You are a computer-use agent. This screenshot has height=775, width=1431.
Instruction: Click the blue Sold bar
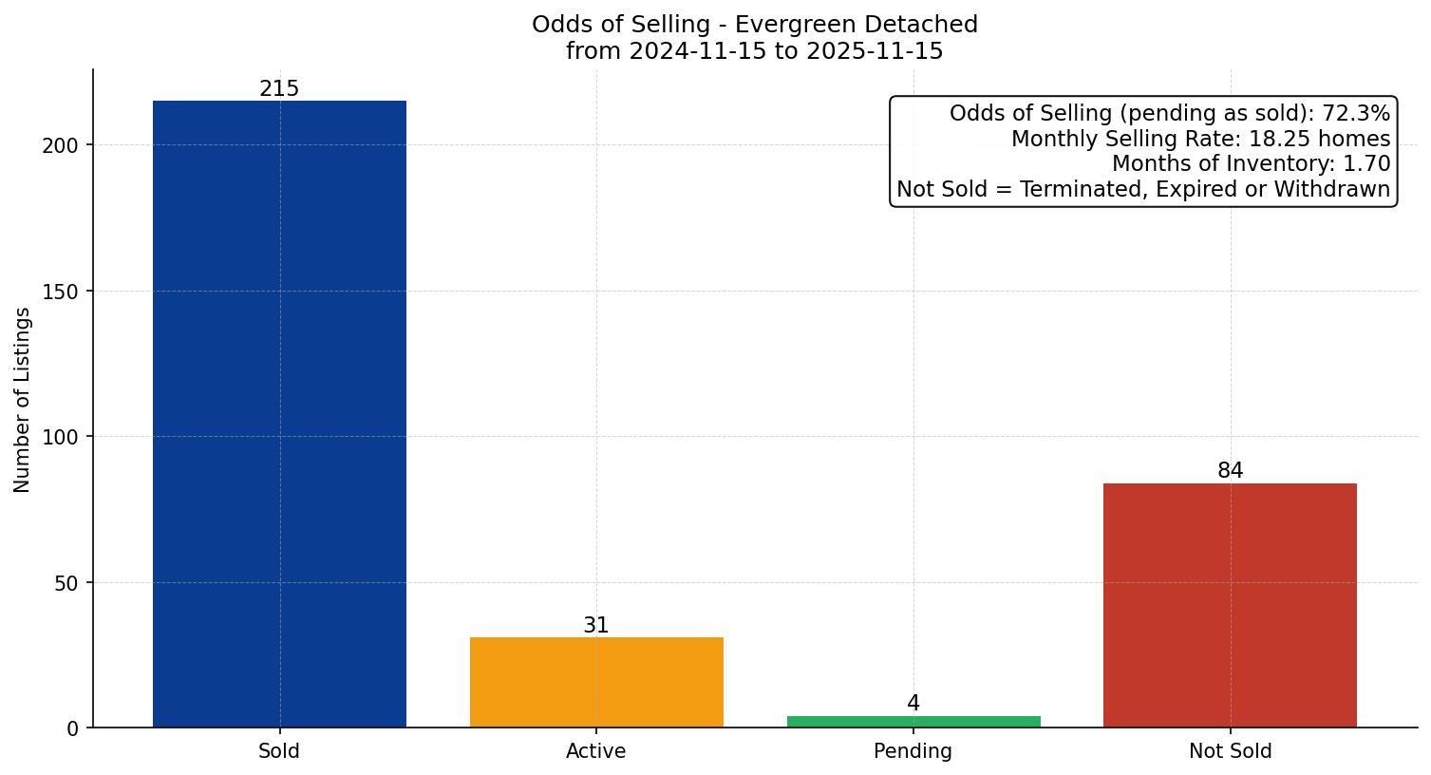[x=279, y=414]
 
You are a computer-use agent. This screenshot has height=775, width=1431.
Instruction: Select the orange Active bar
[x=596, y=682]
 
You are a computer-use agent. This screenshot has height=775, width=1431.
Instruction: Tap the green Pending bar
[x=913, y=722]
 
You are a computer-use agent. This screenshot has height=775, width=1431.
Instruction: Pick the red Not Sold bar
[x=1230, y=605]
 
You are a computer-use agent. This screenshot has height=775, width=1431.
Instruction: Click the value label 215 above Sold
[x=279, y=89]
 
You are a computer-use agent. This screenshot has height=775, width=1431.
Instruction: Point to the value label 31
[x=596, y=626]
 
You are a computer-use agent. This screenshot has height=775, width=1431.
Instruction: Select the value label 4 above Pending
[x=913, y=704]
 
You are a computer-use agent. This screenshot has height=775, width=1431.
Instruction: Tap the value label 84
[x=1230, y=471]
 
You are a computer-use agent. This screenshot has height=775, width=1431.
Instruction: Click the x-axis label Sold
[x=279, y=751]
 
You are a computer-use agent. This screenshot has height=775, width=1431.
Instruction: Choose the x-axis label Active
[x=596, y=751]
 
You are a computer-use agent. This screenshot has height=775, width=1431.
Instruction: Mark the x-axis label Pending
[x=913, y=751]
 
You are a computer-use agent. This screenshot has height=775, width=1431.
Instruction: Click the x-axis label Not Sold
[x=1230, y=751]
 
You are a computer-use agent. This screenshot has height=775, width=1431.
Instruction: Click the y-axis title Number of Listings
[x=23, y=400]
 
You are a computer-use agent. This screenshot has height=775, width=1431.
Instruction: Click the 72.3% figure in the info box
[x=1356, y=114]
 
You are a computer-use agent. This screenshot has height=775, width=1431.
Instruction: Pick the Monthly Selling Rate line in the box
[x=1200, y=140]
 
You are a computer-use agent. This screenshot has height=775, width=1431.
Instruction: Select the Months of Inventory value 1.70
[x=1366, y=164]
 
